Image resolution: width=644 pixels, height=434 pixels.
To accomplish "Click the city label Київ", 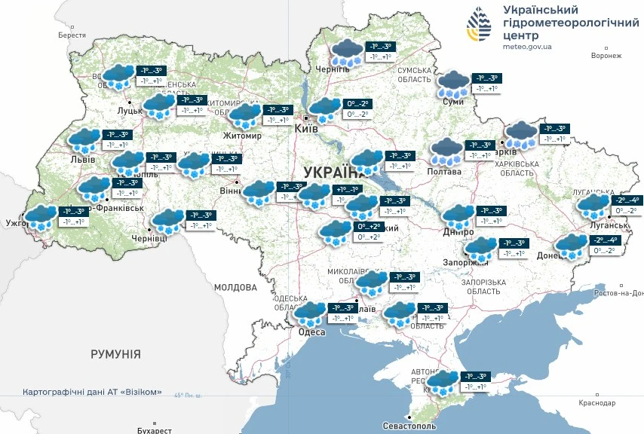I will point(305,130).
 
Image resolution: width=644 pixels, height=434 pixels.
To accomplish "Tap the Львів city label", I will point(82,160).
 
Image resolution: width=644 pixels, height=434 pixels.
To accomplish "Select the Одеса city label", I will point(311,332).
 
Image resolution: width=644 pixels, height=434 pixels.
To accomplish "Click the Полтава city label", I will point(445,172).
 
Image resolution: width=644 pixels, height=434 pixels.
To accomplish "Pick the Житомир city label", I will point(241,136).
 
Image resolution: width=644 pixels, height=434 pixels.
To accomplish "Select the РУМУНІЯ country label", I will point(115,353).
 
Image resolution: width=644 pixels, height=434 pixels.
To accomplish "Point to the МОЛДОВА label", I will point(235,287).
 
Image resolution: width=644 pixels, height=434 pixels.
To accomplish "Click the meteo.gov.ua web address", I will point(527,47).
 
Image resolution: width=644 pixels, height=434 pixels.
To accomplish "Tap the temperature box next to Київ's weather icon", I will point(357,108).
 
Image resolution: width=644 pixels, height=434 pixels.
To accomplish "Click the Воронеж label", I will point(606,56).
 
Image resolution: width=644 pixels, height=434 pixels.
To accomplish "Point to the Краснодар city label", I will point(598,403).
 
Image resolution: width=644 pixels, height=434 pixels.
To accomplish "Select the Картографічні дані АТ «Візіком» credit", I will point(92,393).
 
